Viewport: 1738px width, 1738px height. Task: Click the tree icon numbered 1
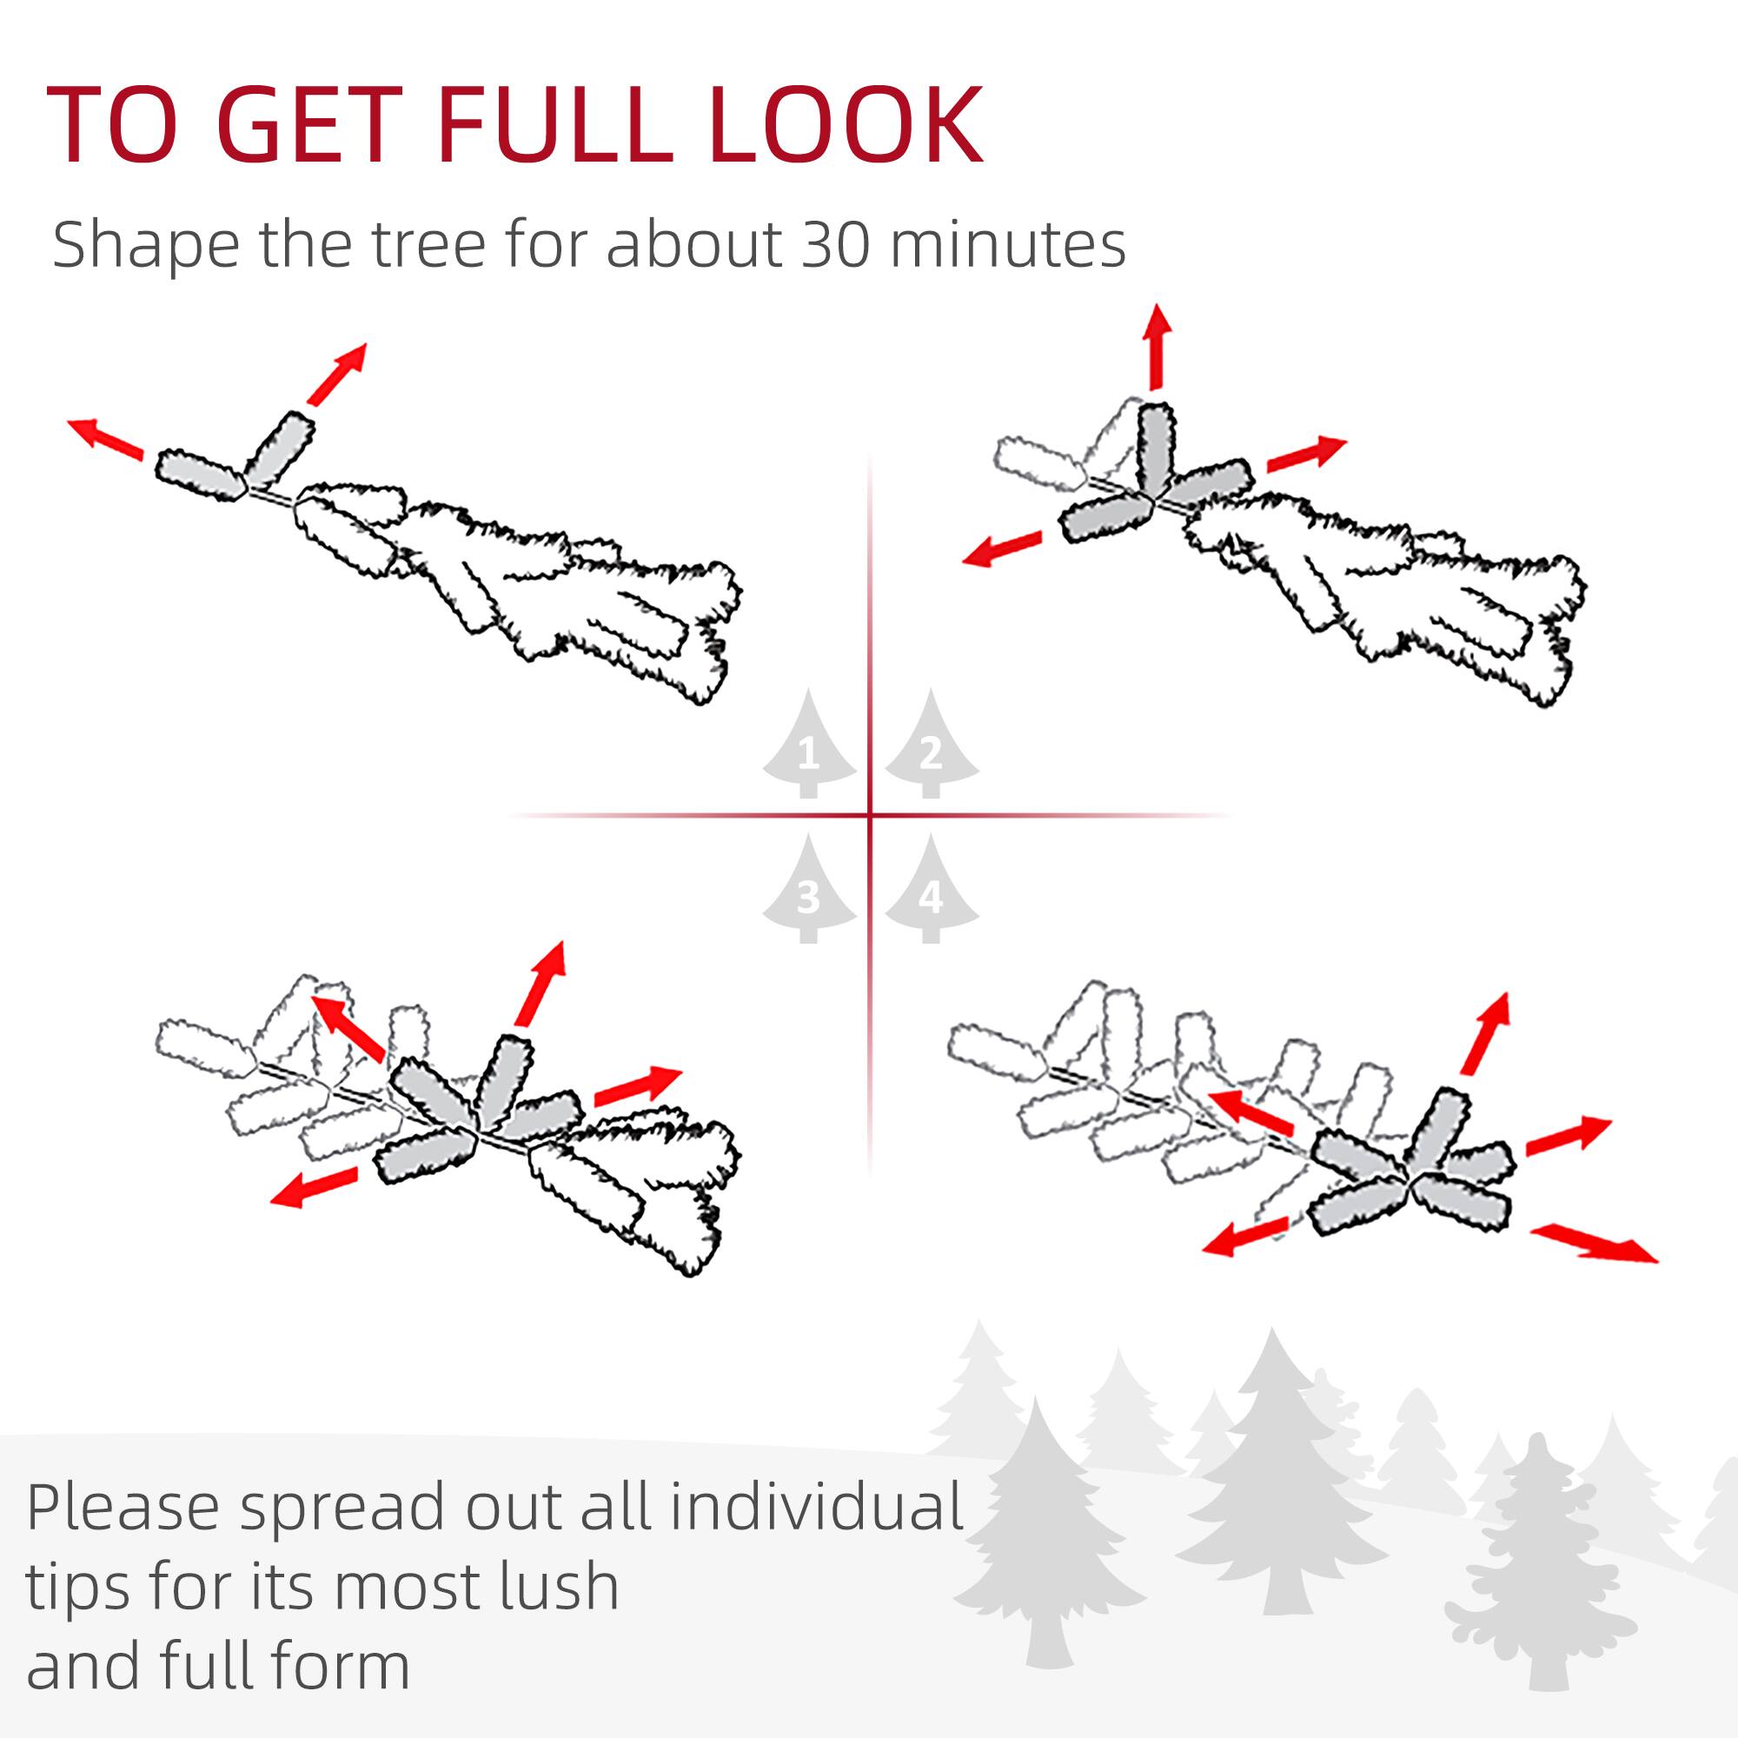(809, 746)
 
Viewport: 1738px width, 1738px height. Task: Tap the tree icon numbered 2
(931, 746)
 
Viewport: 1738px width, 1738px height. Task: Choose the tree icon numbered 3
(809, 891)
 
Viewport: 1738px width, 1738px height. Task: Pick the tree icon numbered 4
(931, 891)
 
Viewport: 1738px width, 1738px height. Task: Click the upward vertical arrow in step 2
(1157, 347)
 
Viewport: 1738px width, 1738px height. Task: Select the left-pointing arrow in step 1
(106, 439)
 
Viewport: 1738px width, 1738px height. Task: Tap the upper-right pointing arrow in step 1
(337, 374)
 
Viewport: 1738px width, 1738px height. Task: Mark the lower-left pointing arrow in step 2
(1001, 548)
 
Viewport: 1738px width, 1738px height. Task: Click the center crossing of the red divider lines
(870, 816)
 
